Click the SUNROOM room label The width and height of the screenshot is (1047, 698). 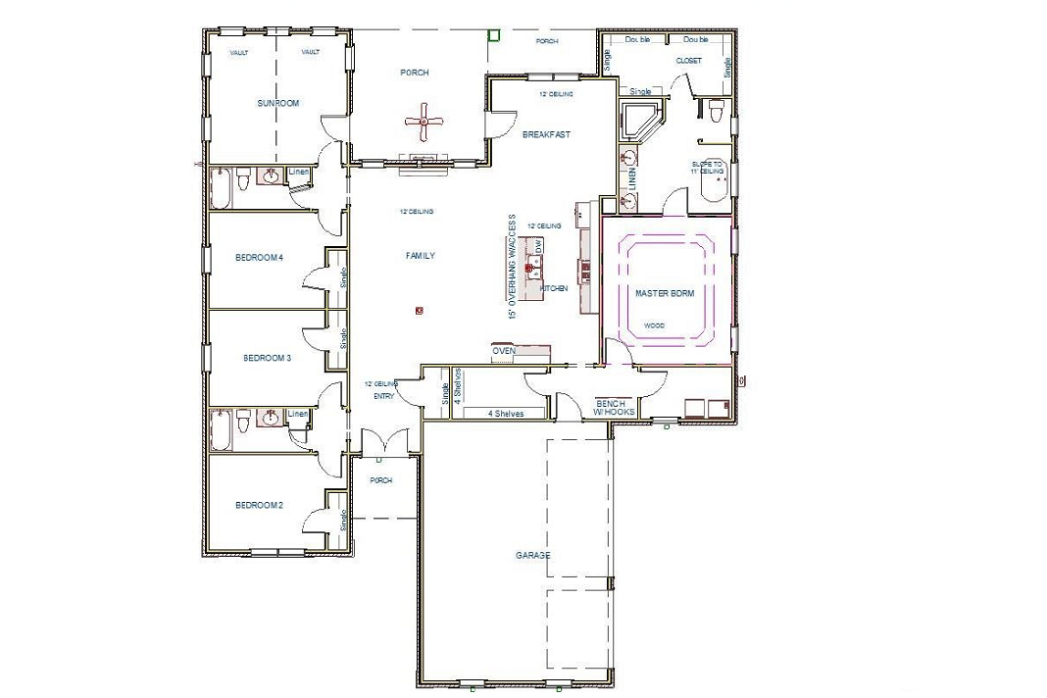(x=277, y=103)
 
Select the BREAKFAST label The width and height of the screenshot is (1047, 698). (x=546, y=134)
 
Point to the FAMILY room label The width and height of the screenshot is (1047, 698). (x=420, y=256)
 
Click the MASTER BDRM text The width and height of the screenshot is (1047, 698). (x=664, y=293)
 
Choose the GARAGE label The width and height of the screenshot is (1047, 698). (x=533, y=555)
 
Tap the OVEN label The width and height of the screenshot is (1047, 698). (x=504, y=351)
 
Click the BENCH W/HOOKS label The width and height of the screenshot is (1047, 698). (x=615, y=408)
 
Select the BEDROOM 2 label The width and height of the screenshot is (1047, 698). (x=259, y=506)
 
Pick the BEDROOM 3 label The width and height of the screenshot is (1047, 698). (x=267, y=359)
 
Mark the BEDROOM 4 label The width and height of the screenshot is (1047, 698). (x=259, y=258)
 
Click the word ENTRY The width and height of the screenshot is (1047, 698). (x=383, y=397)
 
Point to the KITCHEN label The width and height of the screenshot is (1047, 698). (x=554, y=289)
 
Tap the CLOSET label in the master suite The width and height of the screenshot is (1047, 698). (x=688, y=61)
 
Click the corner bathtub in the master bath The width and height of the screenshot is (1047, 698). (x=643, y=123)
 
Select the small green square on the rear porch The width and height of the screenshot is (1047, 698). (x=494, y=35)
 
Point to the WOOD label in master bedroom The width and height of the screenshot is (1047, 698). (x=654, y=324)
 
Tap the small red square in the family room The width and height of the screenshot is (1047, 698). (x=419, y=311)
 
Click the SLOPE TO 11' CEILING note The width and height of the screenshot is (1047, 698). (x=707, y=168)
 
